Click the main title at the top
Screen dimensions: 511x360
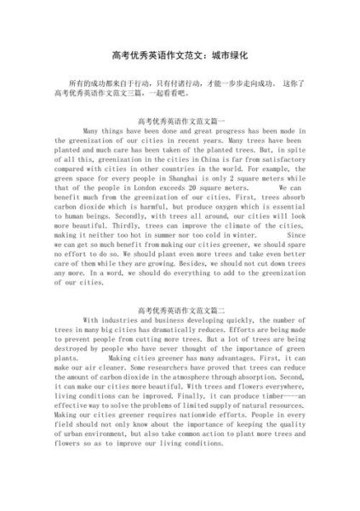click(x=180, y=54)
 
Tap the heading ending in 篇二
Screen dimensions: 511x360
click(x=180, y=313)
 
